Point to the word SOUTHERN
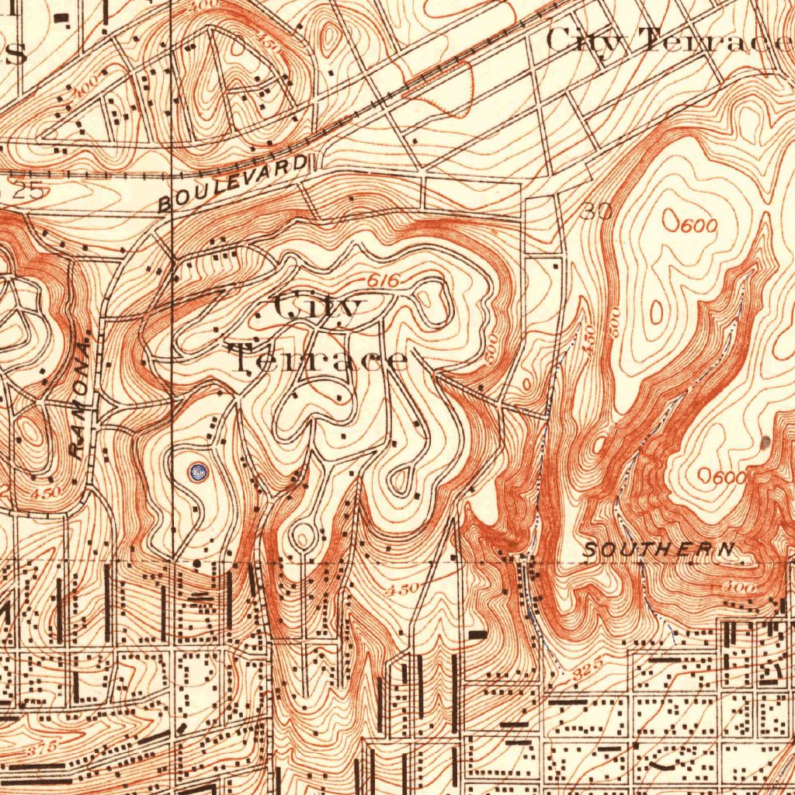(658, 550)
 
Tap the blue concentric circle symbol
(199, 470)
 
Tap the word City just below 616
(318, 308)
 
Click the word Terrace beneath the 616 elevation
(318, 359)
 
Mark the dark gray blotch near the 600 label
(766, 443)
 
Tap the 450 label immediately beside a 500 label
(589, 339)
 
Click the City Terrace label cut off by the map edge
(668, 40)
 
